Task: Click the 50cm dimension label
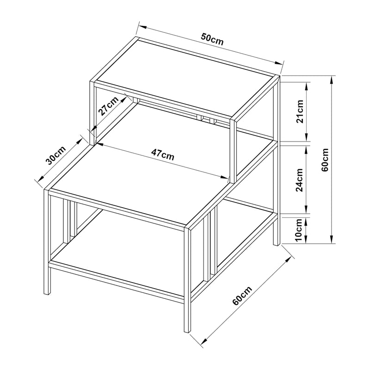click(212, 39)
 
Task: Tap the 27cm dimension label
click(109, 106)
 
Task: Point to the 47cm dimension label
click(163, 154)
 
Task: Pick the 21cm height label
click(300, 111)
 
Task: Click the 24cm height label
click(299, 180)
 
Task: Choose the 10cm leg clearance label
click(298, 230)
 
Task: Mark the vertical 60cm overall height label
click(325, 160)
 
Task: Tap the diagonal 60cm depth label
click(242, 296)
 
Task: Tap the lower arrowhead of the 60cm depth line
click(203, 340)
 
